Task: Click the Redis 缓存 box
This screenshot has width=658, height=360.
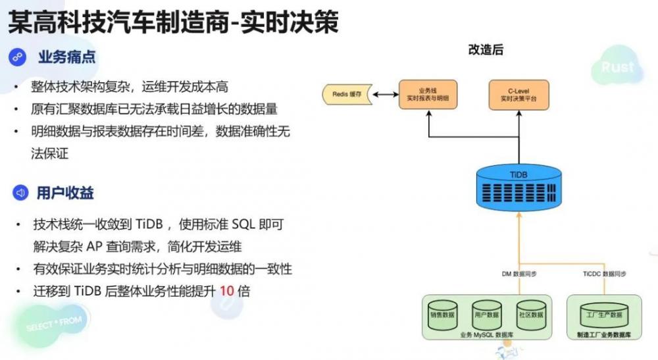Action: click(347, 94)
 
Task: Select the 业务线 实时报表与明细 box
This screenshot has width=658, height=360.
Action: click(428, 94)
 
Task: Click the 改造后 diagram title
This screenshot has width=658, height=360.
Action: click(486, 49)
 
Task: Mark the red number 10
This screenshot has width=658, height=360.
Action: click(227, 291)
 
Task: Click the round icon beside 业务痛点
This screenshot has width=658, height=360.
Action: click(17, 57)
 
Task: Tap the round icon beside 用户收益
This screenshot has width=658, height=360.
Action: click(17, 193)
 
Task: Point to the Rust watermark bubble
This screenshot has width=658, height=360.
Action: click(617, 67)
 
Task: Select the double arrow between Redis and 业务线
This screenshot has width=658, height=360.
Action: click(386, 94)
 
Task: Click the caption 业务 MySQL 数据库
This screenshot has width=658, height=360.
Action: click(486, 335)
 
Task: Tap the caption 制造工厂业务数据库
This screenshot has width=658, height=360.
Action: click(603, 335)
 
